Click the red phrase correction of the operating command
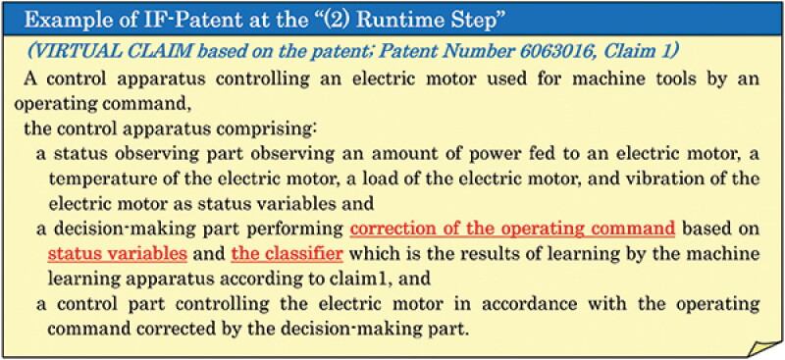click(x=512, y=229)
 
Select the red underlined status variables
click(x=117, y=254)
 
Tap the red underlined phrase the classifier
click(x=287, y=254)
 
